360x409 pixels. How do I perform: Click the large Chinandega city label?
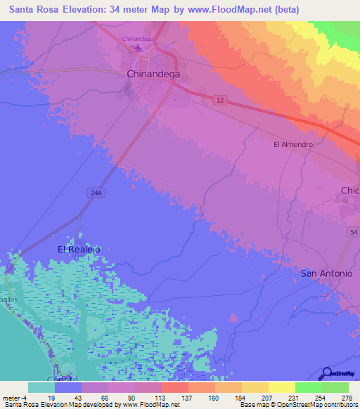click(153, 73)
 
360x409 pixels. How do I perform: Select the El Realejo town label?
click(79, 249)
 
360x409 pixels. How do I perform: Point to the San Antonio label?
click(326, 273)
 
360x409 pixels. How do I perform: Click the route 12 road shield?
click(221, 101)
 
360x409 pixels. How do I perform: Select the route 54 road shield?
click(353, 231)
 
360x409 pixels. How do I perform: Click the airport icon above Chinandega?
click(138, 48)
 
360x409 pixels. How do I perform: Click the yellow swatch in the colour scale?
click(281, 387)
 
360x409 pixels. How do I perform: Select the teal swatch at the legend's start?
click(41, 387)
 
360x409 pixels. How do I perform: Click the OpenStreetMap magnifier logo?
click(326, 374)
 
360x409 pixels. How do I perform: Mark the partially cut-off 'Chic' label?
click(349, 191)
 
